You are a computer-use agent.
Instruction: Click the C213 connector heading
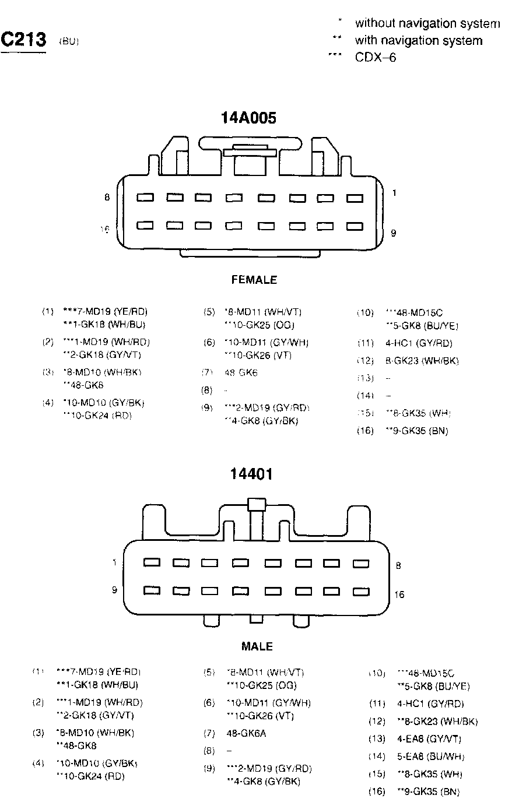23,40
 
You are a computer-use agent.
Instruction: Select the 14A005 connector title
248,118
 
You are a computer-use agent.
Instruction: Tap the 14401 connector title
251,474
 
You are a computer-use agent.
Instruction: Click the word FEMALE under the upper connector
254,280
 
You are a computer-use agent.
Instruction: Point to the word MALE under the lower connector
257,646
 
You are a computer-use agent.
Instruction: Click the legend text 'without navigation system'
427,23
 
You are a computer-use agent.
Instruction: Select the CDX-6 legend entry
376,57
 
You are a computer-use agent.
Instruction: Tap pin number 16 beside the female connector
105,229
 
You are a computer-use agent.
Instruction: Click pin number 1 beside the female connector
394,192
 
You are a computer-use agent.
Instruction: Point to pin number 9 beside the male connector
115,590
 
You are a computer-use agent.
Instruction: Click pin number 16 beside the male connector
399,595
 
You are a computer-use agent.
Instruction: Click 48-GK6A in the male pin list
246,733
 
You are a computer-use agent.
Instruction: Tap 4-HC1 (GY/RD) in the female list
419,343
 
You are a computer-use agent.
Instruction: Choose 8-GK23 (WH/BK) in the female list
422,361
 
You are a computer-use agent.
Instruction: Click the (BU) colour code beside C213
69,42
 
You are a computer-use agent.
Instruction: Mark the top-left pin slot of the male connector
152,562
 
